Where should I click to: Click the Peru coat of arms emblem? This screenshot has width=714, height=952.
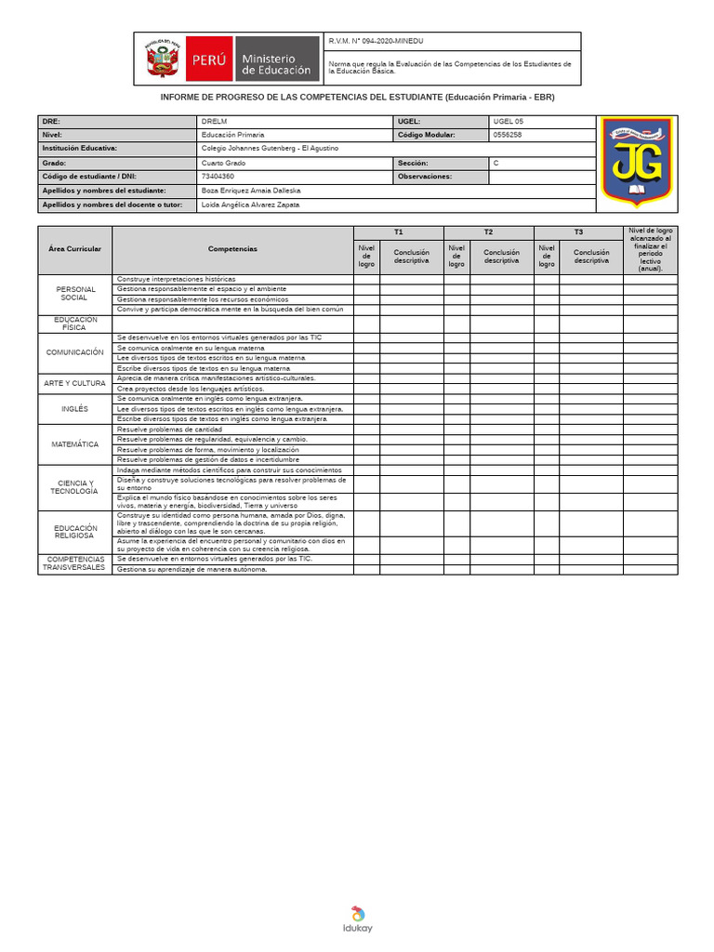163,59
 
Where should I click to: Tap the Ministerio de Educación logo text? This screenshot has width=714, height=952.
276,64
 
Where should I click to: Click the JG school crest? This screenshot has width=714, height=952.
636,162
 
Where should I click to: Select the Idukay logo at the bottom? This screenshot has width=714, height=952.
357,919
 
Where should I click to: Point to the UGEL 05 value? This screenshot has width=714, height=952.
509,122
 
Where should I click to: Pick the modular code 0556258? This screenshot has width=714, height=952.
508,135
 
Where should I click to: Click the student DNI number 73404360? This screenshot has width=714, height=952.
218,176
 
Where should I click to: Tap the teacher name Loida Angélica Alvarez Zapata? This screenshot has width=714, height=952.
250,205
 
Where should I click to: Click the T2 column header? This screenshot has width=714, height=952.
488,232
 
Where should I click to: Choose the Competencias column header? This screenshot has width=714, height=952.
232,249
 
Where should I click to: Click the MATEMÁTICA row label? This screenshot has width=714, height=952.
75,444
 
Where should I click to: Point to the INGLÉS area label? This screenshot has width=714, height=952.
75,408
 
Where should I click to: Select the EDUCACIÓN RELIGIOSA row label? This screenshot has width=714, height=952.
75,532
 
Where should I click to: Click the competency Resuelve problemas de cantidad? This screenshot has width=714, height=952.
169,430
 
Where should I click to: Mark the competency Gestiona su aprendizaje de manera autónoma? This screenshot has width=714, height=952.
192,570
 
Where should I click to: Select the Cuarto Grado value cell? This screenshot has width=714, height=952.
223,163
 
